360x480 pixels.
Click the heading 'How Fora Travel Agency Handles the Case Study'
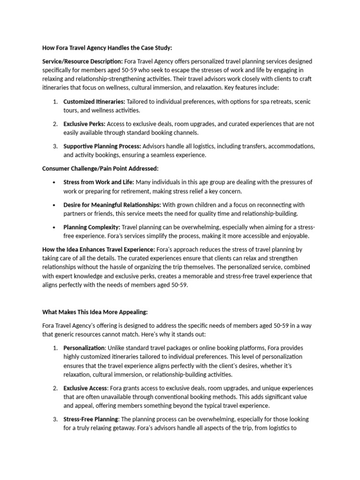point(107,48)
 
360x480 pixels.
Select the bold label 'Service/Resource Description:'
point(82,61)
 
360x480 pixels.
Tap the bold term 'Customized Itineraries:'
point(94,102)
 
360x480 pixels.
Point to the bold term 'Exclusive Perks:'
point(84,124)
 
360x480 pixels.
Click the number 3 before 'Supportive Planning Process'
point(55,147)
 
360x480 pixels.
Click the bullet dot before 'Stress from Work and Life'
point(55,182)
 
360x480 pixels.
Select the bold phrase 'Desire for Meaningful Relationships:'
point(112,205)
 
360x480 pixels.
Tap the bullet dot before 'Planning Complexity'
point(55,227)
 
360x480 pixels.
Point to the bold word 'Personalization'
point(84,348)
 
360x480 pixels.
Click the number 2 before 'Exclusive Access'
point(55,389)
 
